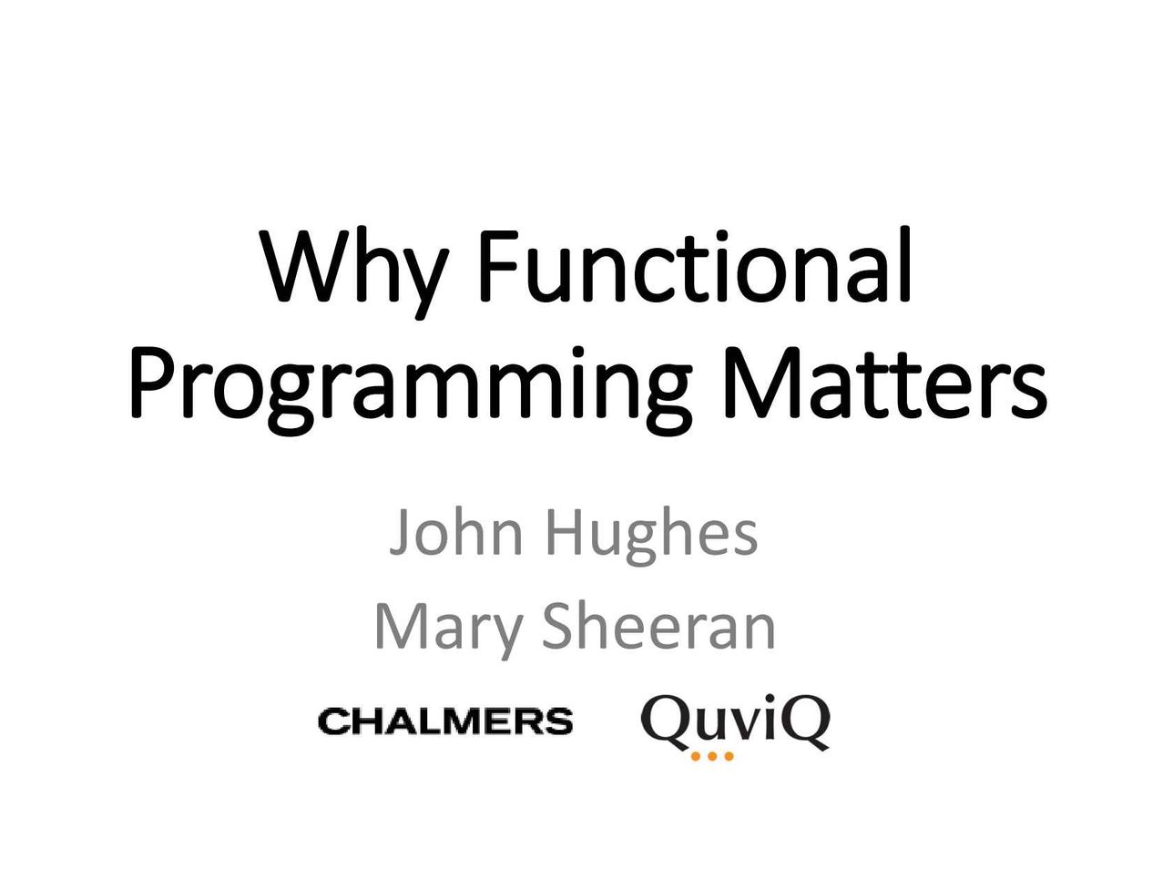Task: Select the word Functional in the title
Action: [x=695, y=264]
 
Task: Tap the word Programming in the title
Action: [x=412, y=388]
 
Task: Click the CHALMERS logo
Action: [x=445, y=721]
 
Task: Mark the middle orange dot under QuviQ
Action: [x=712, y=756]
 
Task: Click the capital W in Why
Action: [x=309, y=266]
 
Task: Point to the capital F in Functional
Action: [x=500, y=266]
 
